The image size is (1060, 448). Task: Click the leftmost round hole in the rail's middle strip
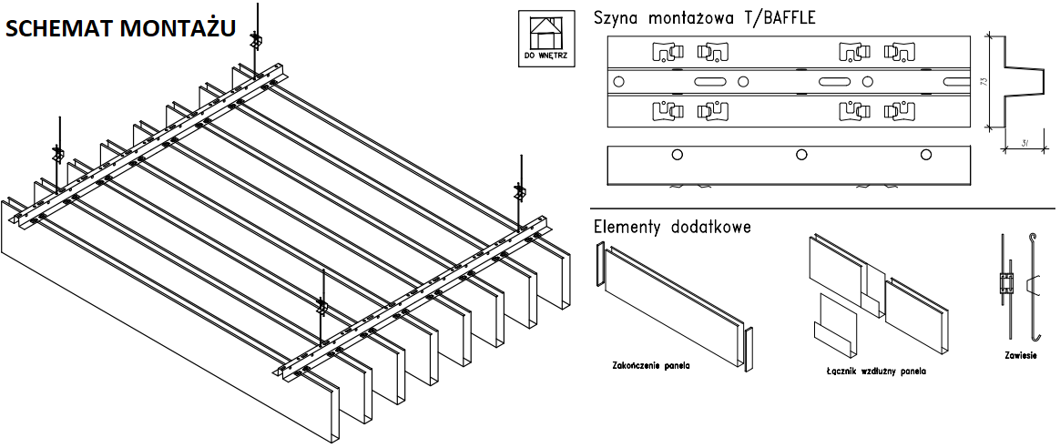coord(619,82)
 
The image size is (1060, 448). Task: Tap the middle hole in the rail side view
coord(800,154)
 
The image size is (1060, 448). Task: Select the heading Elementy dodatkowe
coord(672,226)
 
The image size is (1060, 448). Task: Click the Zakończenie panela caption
coord(651,366)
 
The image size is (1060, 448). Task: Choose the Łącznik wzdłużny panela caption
coord(870,372)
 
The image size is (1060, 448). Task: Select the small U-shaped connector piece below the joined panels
coord(835,327)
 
